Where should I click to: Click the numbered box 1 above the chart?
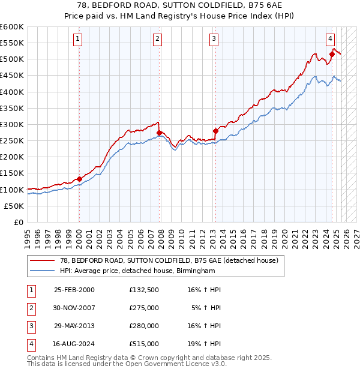pyautogui.click(x=79, y=40)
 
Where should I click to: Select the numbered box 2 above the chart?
pyautogui.click(x=157, y=40)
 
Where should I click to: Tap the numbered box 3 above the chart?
pyautogui.click(x=214, y=40)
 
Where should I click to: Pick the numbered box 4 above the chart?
pyautogui.click(x=330, y=40)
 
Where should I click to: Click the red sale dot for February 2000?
pyautogui.click(x=79, y=179)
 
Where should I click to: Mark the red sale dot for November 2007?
pyautogui.click(x=159, y=133)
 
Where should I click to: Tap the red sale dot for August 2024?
pyautogui.click(x=332, y=55)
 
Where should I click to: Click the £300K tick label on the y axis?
pyautogui.click(x=12, y=124)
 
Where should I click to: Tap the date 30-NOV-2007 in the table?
pyautogui.click(x=74, y=309)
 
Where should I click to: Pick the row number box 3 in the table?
pyautogui.click(x=30, y=326)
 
